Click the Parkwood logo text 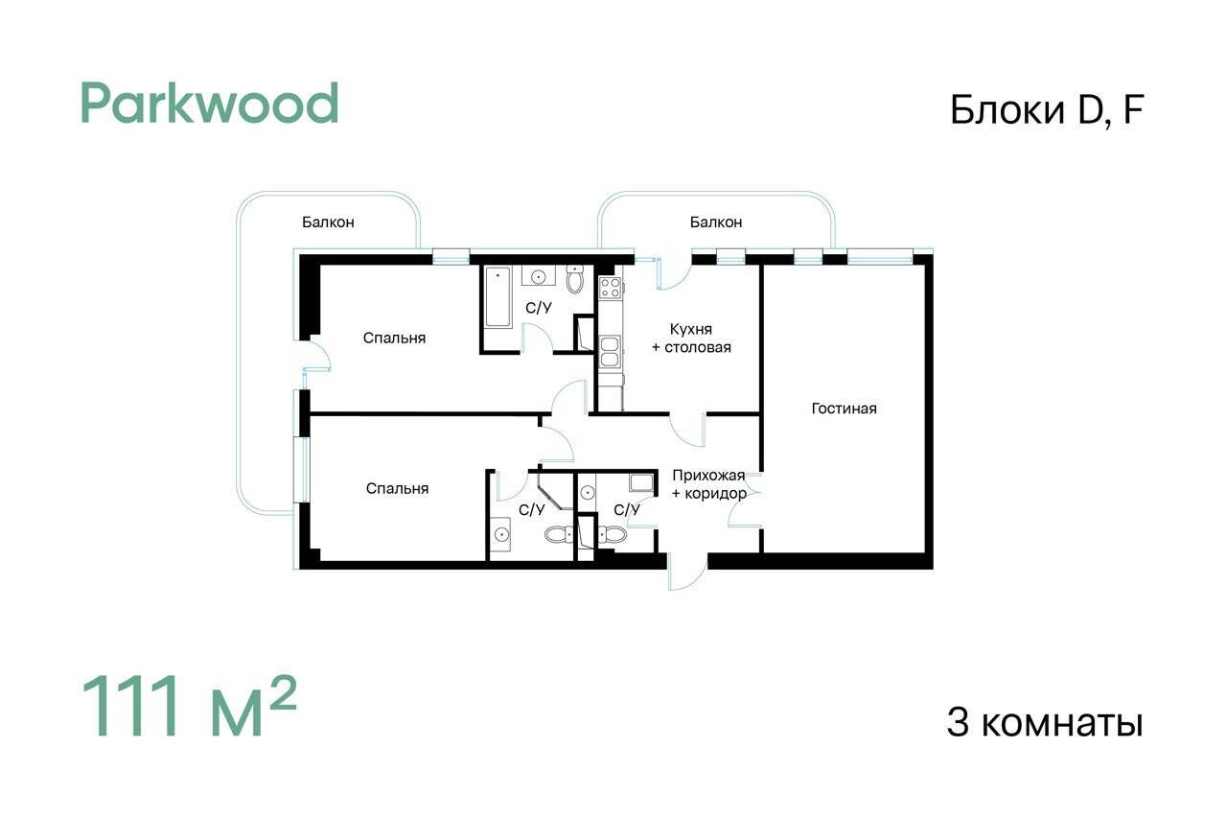pos(209,104)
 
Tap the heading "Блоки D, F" pos(1047,110)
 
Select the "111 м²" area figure pos(189,706)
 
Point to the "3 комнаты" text pos(1045,723)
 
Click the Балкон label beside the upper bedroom pos(328,222)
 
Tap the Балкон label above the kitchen pos(716,222)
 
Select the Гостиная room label pos(845,409)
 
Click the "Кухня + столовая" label pos(691,339)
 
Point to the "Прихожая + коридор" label pos(709,484)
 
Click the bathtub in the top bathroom pos(498,297)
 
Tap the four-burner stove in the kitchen pos(611,288)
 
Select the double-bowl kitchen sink pos(610,351)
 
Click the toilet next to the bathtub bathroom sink pos(574,279)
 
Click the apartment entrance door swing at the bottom pos(688,572)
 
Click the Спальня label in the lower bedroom pos(397,488)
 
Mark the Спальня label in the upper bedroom pos(394,338)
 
